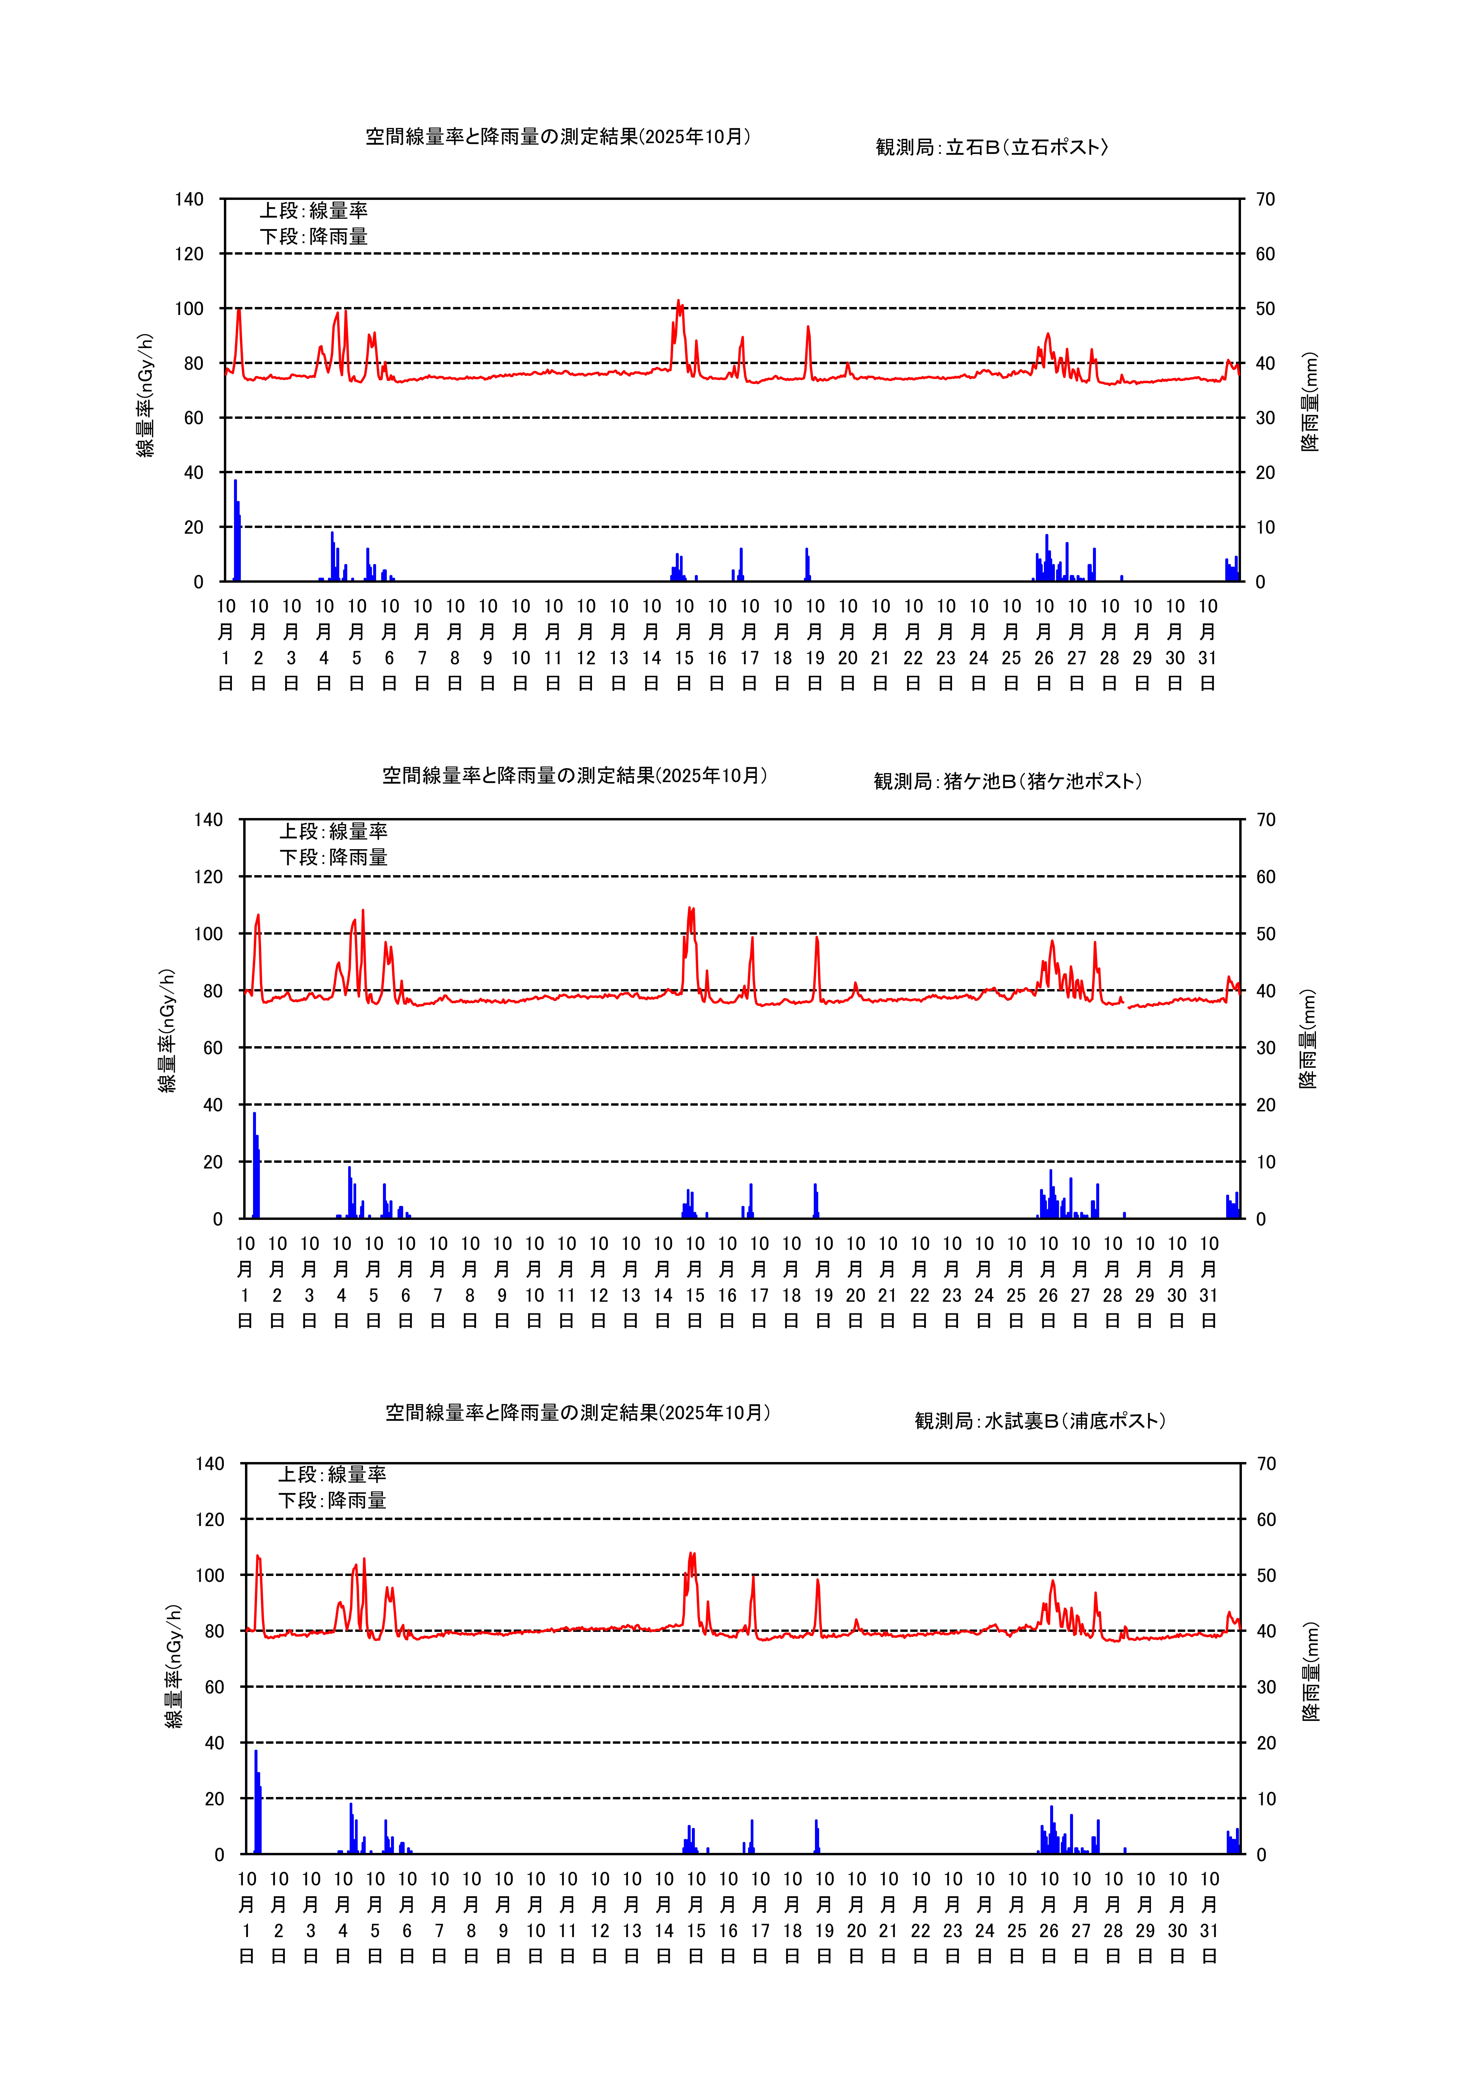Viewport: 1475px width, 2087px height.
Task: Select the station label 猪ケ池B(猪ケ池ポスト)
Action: coord(1007,782)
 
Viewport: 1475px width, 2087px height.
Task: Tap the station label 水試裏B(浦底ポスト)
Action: coord(1040,1421)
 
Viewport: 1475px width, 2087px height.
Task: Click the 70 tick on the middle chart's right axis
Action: coord(1265,820)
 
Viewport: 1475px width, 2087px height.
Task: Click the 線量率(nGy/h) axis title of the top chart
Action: coord(145,395)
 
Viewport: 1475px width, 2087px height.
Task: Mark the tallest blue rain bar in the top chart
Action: coord(235,532)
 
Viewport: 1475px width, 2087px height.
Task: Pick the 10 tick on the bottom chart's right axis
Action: coord(1265,1799)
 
